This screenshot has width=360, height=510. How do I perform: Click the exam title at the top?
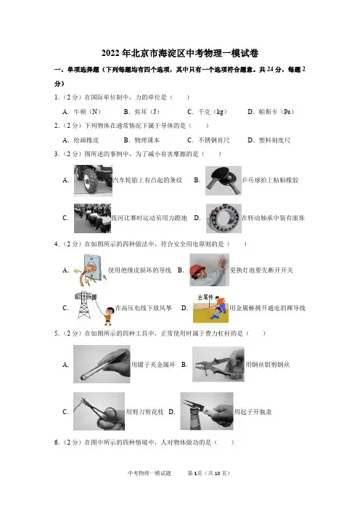[180, 53]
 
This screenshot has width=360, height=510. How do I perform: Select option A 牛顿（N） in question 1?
[82, 112]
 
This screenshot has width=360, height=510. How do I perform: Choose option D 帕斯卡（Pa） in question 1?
[271, 112]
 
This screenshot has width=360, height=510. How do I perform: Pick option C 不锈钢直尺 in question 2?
[208, 140]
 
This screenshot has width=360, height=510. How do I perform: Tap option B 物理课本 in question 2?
[142, 140]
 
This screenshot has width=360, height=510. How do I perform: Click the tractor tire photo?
[93, 180]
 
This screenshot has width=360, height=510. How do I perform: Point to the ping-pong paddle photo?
[224, 180]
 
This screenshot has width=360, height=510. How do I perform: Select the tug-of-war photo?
[93, 218]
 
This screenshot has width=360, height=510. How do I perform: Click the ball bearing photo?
[224, 218]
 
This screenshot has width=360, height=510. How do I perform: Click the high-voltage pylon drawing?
[83, 304]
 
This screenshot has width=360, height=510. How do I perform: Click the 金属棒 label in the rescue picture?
[205, 297]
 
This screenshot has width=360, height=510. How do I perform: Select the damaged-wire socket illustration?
[91, 270]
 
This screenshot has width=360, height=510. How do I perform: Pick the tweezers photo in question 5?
[102, 364]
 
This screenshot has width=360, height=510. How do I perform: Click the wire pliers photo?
[218, 364]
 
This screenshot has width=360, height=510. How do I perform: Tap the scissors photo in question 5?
[99, 411]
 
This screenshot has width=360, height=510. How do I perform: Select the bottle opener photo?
[207, 411]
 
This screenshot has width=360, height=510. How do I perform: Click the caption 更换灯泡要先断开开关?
[261, 270]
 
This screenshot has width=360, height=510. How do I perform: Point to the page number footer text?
[208, 473]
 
